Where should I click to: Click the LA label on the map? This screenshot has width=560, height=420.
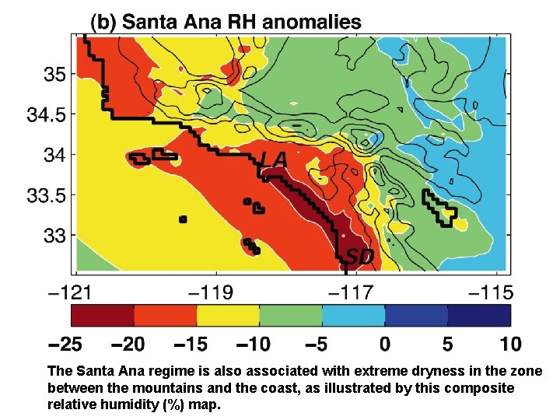coord(274,159)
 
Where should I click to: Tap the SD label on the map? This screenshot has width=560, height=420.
coord(359,256)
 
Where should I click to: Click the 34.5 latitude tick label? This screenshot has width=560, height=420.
coord(47,114)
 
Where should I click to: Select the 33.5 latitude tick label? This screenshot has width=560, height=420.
coord(47,194)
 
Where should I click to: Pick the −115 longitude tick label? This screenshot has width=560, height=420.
coord(491,292)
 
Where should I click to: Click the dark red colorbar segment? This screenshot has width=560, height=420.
coord(103,315)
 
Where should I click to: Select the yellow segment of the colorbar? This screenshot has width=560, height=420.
coord(228,315)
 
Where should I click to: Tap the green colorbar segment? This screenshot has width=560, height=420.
coord(291,315)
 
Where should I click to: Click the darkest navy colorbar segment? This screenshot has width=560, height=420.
coord(480,315)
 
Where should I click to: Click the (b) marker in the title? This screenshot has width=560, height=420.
coord(106,22)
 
